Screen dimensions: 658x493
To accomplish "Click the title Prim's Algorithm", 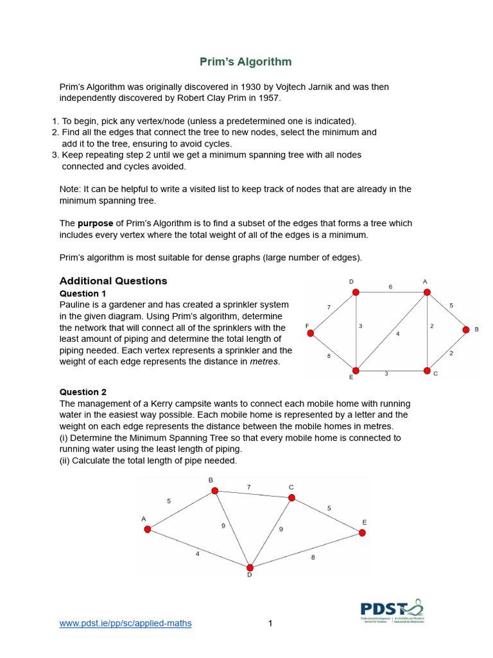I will (245, 62).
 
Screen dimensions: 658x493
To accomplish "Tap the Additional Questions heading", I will (113, 281).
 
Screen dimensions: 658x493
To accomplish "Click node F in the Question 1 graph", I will (310, 333).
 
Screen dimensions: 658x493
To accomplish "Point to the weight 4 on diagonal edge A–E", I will (397, 333).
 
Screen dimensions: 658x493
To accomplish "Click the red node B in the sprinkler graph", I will (467, 330).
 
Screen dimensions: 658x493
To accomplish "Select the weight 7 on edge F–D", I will (329, 308).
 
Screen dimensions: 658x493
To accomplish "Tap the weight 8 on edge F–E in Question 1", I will (329, 355).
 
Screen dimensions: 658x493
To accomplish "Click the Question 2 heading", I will (83, 392).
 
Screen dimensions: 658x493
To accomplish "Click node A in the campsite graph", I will (148, 529).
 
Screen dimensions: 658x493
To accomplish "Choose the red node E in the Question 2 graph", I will (362, 533).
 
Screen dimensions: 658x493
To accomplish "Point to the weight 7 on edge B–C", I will (248, 487).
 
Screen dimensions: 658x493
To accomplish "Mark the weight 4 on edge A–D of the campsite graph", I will (198, 553).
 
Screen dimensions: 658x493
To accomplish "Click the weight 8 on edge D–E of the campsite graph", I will (313, 557).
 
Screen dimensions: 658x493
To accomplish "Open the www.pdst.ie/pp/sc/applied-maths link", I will (125, 623).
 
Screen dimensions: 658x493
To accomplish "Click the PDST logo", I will (392, 610).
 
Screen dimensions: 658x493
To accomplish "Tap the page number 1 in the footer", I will (271, 623).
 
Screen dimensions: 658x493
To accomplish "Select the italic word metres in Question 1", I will (264, 362).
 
